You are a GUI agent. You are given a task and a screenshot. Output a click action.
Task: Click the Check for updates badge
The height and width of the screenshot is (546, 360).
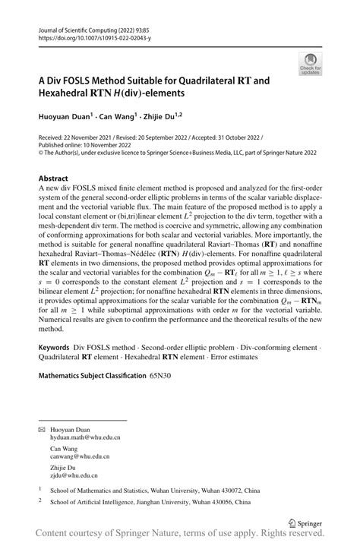pos(309,64)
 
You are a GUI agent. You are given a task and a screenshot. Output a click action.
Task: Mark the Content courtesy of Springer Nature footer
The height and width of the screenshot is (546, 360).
pos(182,535)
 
